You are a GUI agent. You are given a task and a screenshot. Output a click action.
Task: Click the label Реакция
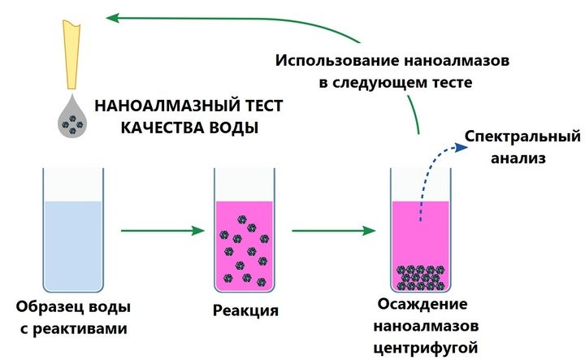245,310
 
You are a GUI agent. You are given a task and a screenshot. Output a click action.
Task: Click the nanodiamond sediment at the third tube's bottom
420,277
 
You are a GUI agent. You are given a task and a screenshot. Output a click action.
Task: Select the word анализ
517,157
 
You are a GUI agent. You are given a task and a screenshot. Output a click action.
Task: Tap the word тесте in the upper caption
446,82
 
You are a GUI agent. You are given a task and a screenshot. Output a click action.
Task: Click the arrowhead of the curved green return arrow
117,16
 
